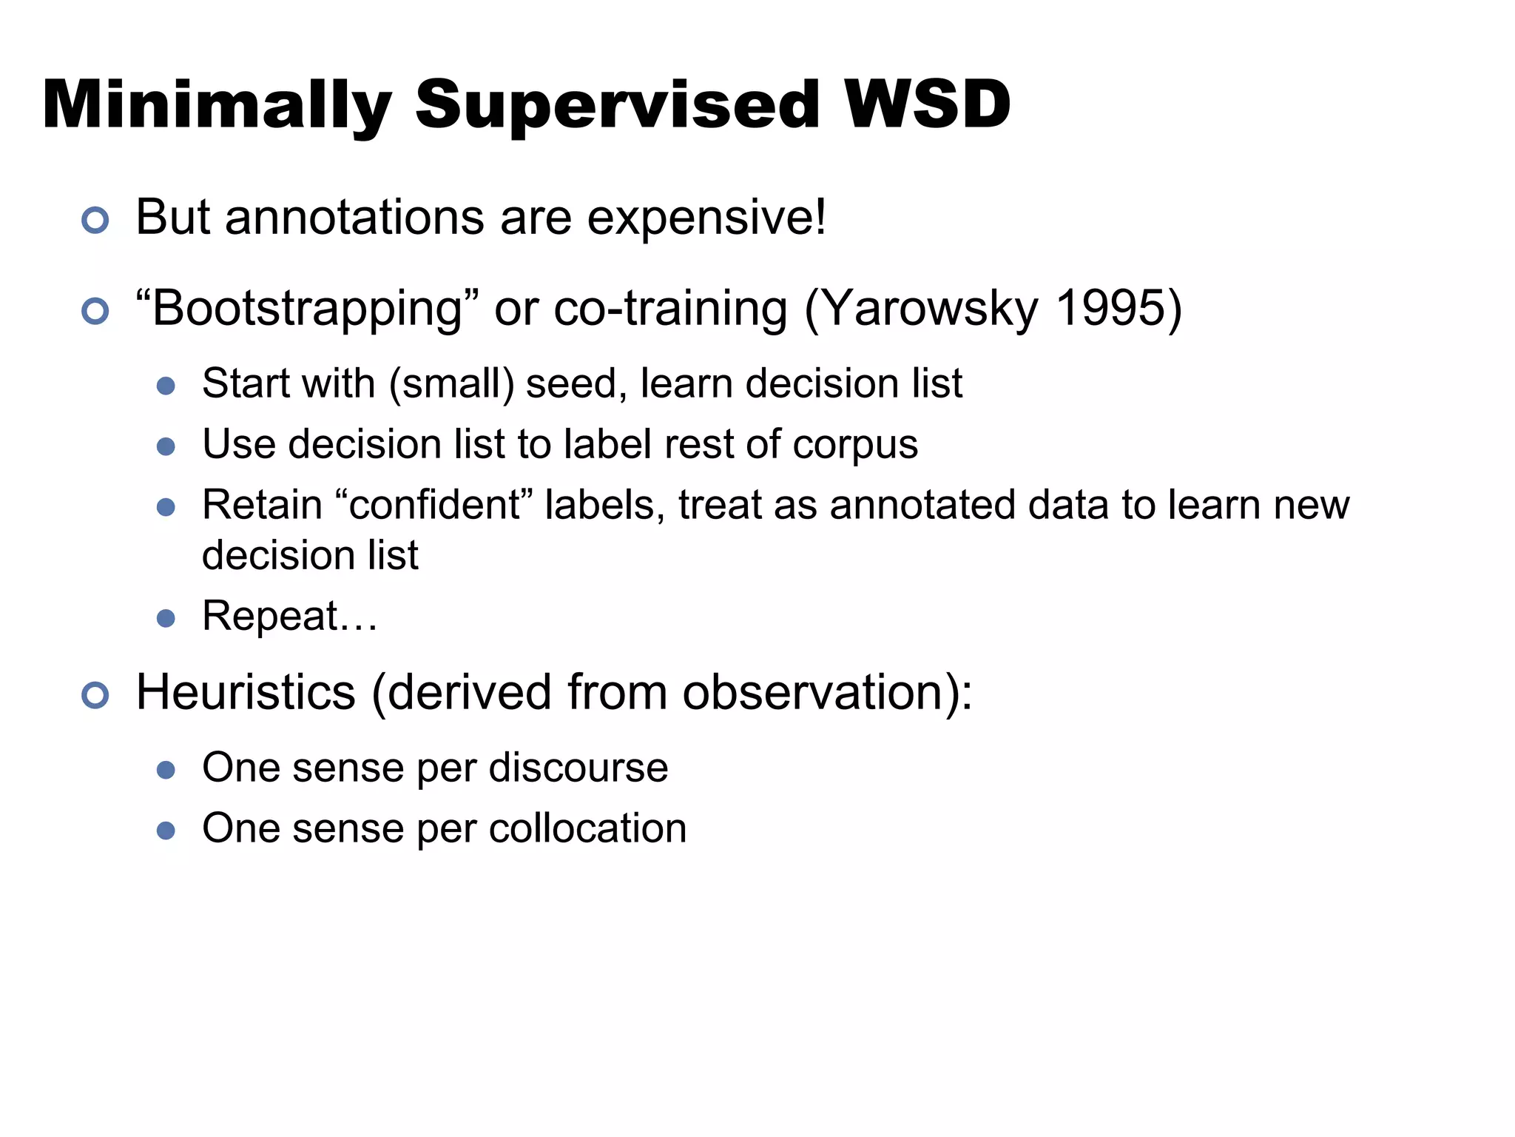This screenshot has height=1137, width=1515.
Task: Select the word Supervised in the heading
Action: point(617,105)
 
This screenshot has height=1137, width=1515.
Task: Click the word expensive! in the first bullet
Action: point(706,218)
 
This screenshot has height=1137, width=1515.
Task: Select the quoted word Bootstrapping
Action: point(308,309)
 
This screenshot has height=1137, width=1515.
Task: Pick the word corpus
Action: point(855,446)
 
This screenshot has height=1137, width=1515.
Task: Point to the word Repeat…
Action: point(289,617)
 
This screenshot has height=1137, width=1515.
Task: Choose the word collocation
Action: point(587,828)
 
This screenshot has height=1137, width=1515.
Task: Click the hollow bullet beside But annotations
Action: point(95,221)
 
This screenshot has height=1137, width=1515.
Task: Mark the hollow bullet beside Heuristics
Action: point(95,695)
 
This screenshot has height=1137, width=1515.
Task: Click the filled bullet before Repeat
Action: point(166,618)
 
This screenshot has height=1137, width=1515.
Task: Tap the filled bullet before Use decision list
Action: point(166,446)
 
